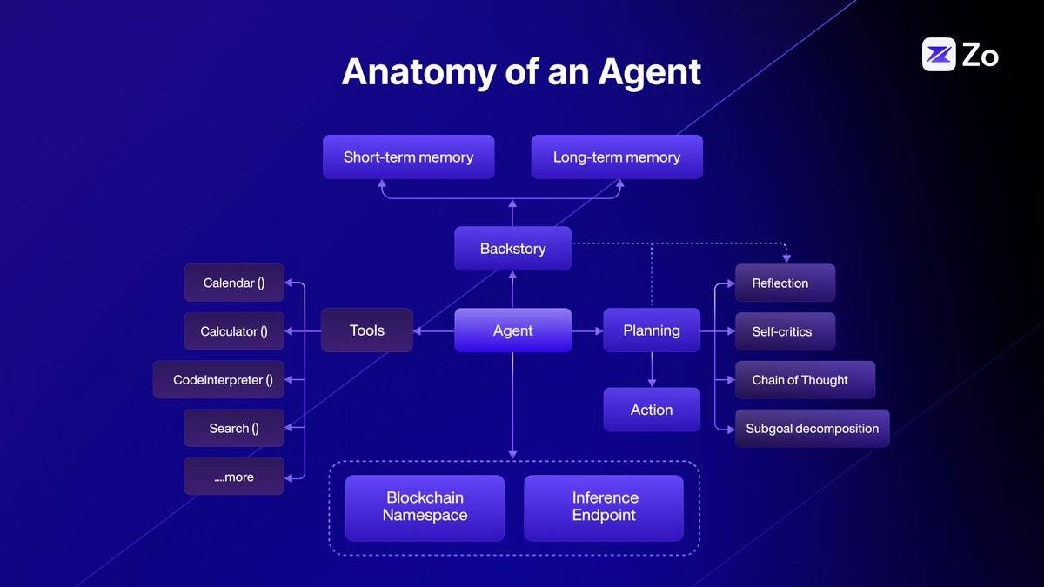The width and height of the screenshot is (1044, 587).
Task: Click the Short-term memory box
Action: tap(408, 157)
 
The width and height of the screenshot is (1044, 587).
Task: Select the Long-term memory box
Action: tap(617, 157)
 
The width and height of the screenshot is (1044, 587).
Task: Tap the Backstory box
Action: tap(512, 249)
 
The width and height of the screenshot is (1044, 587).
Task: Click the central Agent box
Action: tap(512, 330)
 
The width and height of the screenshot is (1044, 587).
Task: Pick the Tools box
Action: tap(366, 330)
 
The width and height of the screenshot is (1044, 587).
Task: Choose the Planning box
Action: tap(652, 330)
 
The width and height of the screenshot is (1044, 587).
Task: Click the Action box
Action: tap(652, 410)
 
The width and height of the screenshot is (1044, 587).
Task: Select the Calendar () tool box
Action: tap(234, 283)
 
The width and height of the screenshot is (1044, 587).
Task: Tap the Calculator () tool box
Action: tap(234, 331)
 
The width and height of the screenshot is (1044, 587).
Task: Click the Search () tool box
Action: tap(234, 428)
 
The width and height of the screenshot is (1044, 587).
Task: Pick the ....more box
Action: tap(234, 477)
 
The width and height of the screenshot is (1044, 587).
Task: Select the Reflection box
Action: tap(785, 283)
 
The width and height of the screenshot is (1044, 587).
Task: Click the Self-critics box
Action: tap(785, 331)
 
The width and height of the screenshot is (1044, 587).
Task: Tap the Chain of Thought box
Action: tap(805, 380)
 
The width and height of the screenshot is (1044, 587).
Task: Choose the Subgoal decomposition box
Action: tap(812, 429)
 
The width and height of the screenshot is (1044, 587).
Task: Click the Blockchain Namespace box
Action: tap(425, 507)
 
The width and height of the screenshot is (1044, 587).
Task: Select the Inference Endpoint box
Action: tap(605, 507)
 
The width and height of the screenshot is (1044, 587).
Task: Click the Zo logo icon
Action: tap(939, 55)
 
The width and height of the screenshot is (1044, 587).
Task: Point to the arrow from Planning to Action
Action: tap(652, 370)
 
